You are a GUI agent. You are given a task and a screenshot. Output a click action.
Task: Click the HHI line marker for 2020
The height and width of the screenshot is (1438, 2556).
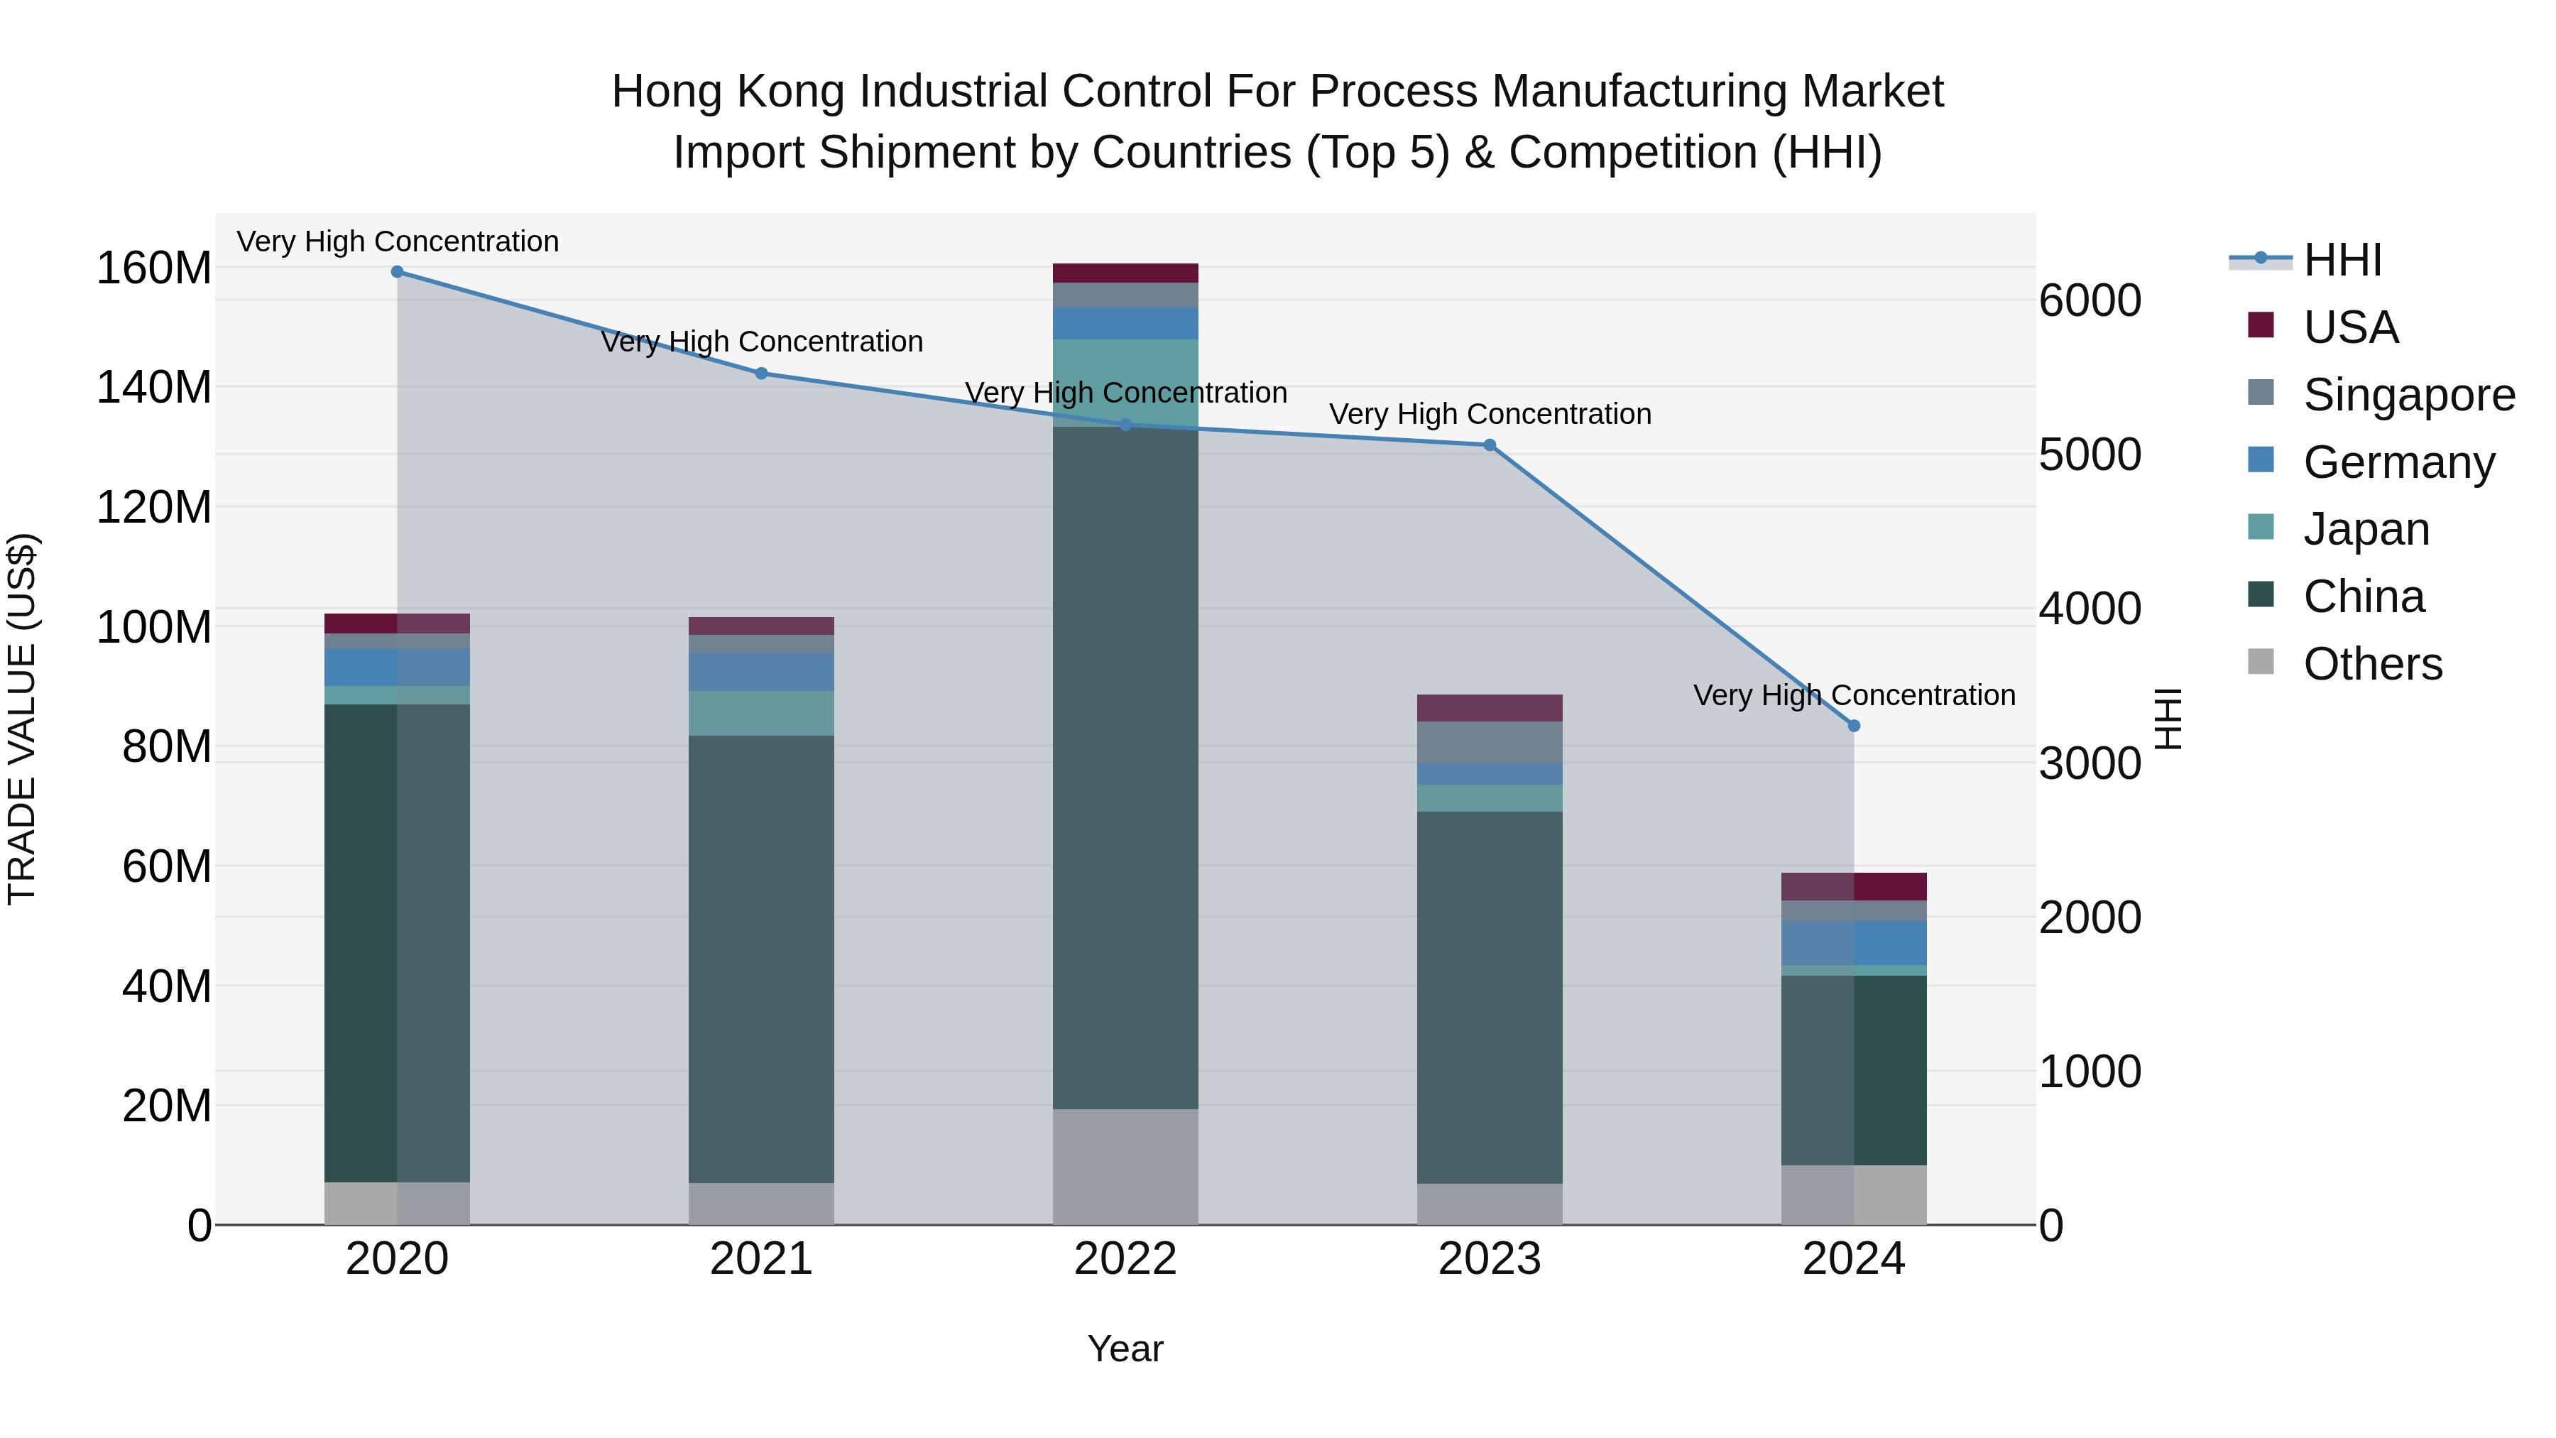click(397, 272)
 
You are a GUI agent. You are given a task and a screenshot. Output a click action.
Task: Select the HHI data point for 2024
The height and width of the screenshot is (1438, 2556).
click(1854, 726)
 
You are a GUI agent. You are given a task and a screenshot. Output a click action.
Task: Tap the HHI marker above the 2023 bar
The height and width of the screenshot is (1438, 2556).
click(1490, 445)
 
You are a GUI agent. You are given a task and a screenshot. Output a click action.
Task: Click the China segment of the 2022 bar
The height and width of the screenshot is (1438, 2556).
click(1125, 768)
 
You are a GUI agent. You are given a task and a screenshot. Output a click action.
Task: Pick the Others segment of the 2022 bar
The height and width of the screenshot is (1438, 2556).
click(1125, 1166)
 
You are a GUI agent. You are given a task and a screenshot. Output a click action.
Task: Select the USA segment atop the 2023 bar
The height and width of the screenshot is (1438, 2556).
click(1490, 707)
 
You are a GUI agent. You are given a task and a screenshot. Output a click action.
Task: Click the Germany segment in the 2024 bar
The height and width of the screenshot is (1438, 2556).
click(1854, 943)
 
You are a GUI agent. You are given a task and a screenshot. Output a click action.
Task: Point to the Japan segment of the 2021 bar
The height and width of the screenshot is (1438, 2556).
click(761, 712)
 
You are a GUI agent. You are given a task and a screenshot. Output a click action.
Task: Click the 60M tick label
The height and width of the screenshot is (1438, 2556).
click(165, 866)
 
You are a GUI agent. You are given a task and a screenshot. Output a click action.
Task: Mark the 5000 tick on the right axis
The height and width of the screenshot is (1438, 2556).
click(2090, 454)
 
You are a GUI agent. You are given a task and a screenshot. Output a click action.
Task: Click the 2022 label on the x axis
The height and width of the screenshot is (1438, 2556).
click(1125, 1259)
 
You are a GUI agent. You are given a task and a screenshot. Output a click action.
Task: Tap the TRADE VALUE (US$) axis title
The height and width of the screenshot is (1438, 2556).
click(22, 719)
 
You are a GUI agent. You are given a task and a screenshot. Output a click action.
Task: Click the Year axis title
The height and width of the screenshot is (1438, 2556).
click(1125, 1349)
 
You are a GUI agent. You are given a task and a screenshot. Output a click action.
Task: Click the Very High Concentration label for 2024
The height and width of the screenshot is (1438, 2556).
click(1854, 695)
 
